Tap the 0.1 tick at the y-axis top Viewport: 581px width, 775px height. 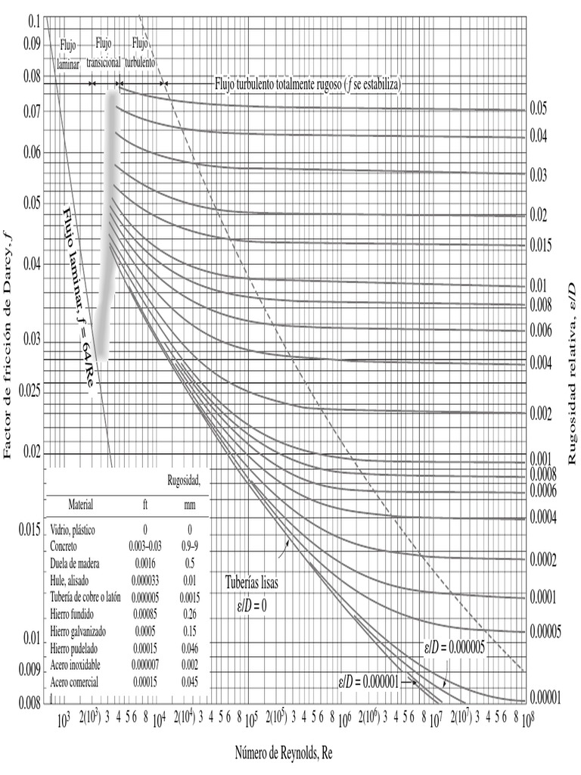[x=33, y=22]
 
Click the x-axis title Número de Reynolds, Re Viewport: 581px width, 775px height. [x=283, y=752]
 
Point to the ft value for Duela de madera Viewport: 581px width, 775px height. [x=144, y=564]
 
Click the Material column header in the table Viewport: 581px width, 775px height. [x=80, y=503]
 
